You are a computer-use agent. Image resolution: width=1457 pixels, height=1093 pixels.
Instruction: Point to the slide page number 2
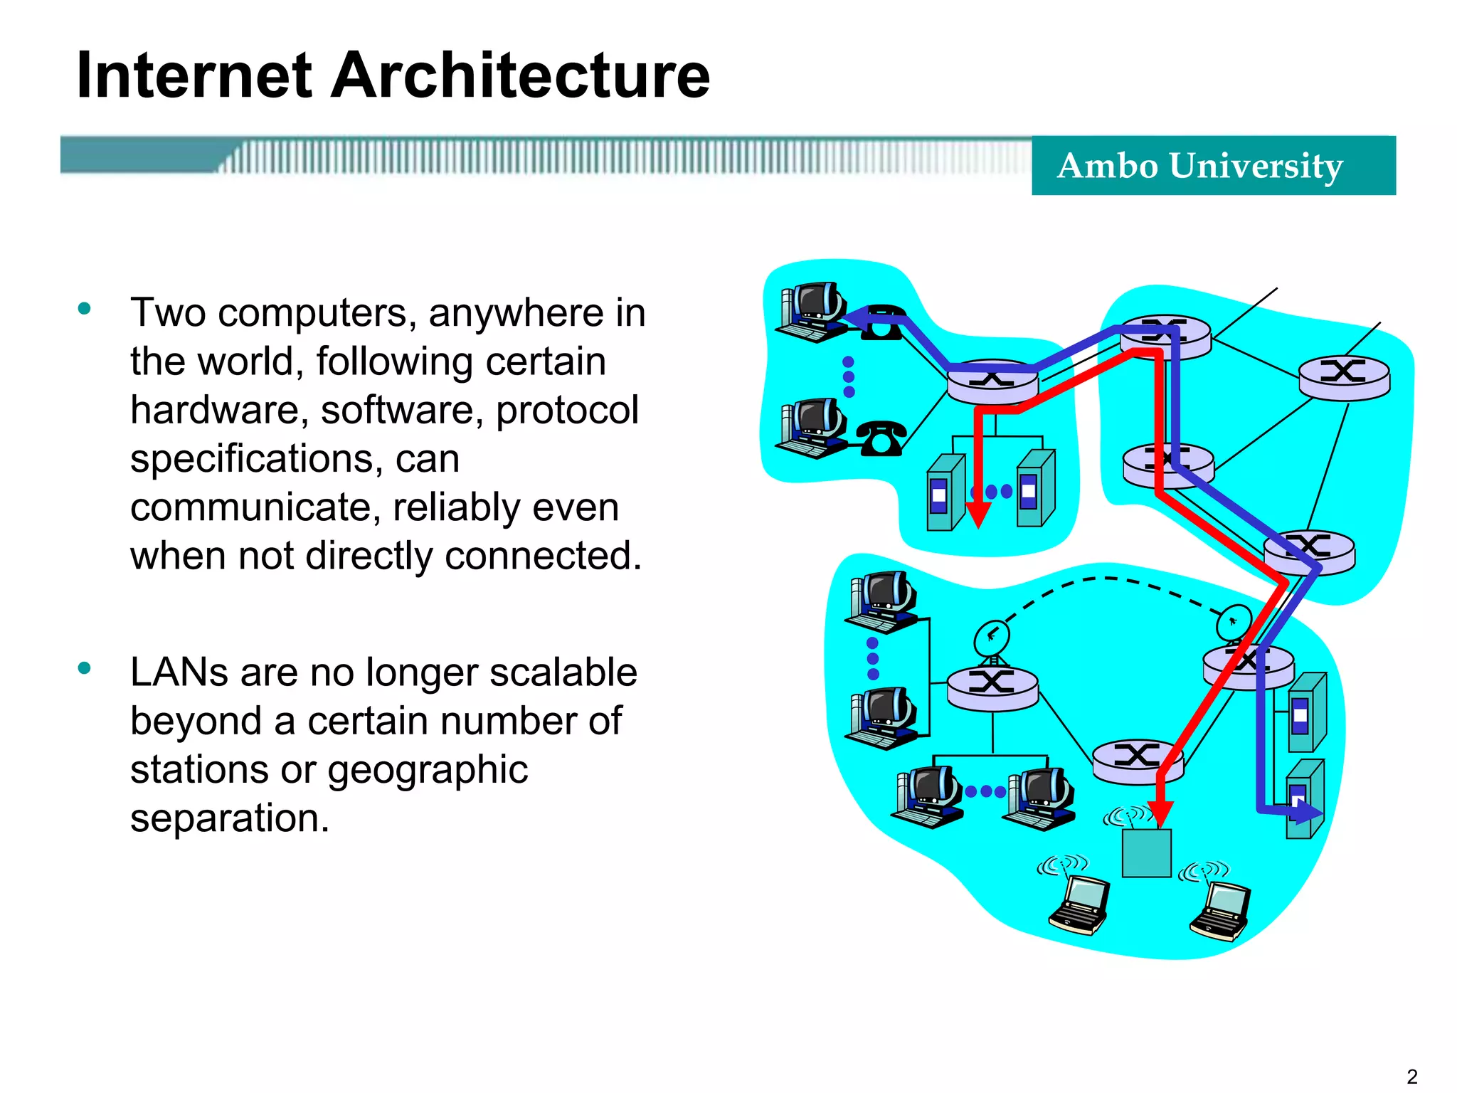coord(1412,1076)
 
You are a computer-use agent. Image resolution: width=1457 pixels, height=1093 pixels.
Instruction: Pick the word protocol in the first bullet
coord(567,411)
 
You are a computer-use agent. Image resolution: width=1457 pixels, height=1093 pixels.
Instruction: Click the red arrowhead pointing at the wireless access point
coord(1160,813)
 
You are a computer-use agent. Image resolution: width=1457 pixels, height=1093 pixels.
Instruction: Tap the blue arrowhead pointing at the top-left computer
coord(857,320)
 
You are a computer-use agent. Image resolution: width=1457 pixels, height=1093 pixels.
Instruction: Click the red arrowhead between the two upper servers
coord(978,514)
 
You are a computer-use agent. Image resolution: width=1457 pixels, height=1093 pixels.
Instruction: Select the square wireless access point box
coord(1146,852)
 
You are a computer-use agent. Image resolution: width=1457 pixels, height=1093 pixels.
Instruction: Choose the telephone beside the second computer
coord(881,438)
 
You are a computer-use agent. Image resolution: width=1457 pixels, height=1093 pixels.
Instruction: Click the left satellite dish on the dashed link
coord(991,637)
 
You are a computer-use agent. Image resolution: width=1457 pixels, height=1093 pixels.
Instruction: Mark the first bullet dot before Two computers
coord(85,309)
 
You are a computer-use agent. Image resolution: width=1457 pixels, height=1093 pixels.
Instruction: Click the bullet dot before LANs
coord(85,668)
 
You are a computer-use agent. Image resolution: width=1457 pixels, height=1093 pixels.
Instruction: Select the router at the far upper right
coord(1344,377)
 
